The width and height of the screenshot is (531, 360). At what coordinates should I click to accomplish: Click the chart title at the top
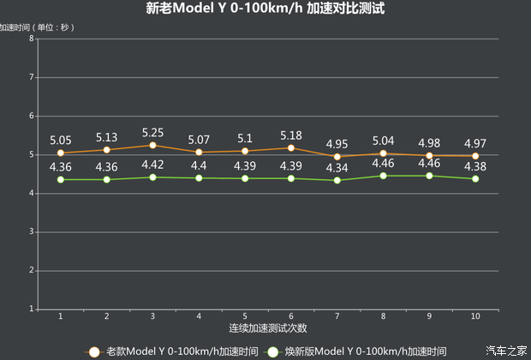coord(265,9)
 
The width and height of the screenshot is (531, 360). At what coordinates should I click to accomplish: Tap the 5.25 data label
coord(152,133)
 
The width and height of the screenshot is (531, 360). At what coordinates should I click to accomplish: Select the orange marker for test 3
coord(152,146)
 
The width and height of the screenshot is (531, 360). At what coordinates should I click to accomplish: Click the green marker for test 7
coord(337,180)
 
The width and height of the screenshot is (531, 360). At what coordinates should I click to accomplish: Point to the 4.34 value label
coord(337,167)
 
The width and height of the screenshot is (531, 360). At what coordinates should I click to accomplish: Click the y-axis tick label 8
coord(31,39)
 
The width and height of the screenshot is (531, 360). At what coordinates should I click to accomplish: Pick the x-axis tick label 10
coord(475,316)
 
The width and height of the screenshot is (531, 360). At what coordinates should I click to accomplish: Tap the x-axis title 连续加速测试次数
coord(267,328)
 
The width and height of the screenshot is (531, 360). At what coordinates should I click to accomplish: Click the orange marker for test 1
coord(60,153)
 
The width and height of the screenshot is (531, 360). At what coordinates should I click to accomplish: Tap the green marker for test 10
coord(475,179)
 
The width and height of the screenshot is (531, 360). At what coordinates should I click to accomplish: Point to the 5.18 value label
coord(291,135)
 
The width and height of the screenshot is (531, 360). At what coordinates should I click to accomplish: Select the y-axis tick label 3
coord(31,231)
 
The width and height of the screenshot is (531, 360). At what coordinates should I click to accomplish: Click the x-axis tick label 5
coord(245,316)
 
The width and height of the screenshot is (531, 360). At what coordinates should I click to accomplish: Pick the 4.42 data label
coord(152,165)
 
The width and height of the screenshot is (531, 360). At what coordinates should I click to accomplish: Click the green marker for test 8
coord(383,176)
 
